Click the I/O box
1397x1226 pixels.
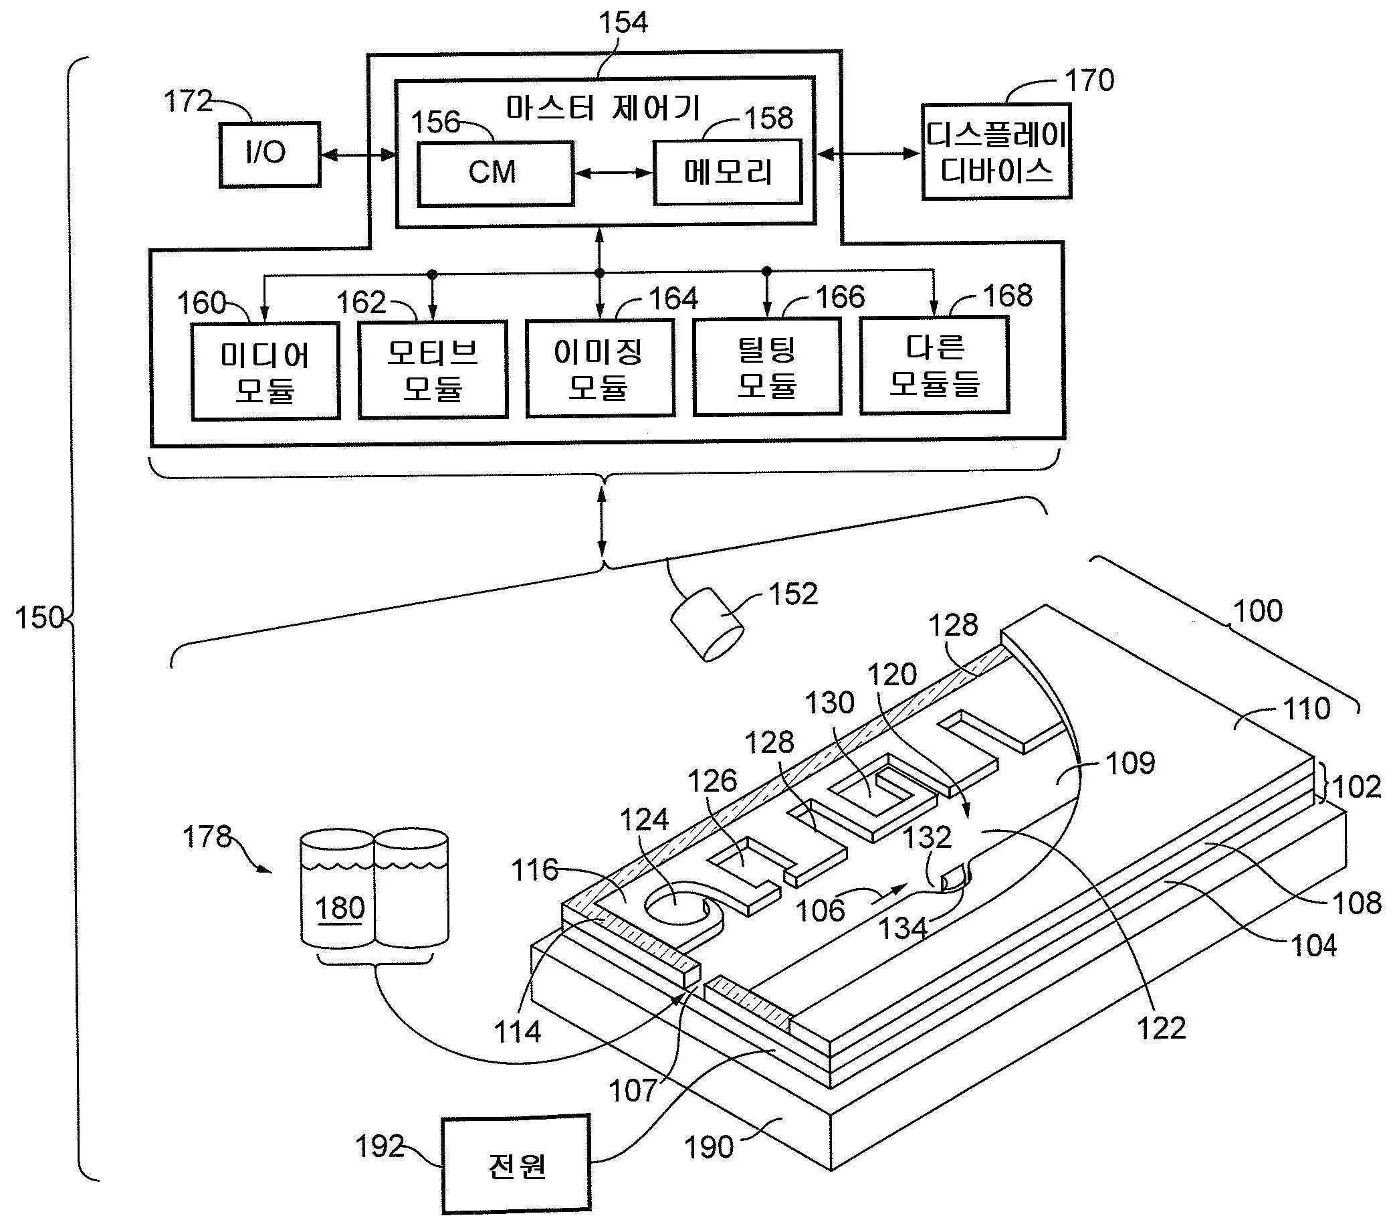(x=270, y=155)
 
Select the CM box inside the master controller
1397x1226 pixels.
(x=495, y=173)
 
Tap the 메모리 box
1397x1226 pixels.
(x=727, y=172)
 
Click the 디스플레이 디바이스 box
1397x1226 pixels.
(x=996, y=152)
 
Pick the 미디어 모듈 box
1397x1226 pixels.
(x=265, y=371)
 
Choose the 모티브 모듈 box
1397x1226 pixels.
(x=433, y=369)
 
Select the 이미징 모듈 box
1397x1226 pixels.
(x=599, y=369)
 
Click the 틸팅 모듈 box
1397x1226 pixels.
(x=767, y=367)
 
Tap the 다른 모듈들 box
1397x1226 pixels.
(x=934, y=366)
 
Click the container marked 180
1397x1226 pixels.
(x=338, y=889)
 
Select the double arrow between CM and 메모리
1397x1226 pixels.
(x=613, y=173)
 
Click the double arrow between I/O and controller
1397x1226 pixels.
(x=358, y=155)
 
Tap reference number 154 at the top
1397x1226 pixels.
(x=623, y=23)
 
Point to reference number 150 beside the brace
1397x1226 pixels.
(x=39, y=618)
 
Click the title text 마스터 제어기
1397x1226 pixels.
(x=603, y=108)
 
